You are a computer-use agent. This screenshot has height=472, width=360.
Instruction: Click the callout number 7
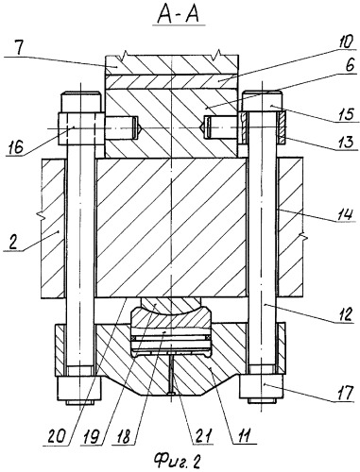20,48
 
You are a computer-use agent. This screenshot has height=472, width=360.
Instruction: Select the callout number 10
346,42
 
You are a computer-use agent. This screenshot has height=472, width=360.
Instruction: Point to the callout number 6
350,65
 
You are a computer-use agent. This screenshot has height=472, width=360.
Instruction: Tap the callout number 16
15,147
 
